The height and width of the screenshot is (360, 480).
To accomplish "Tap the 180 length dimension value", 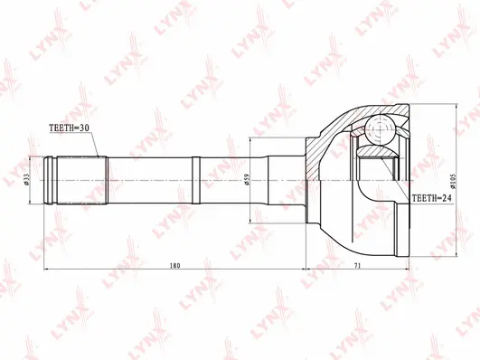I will (175, 265).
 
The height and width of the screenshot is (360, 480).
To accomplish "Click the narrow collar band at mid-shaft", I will (195, 178).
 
